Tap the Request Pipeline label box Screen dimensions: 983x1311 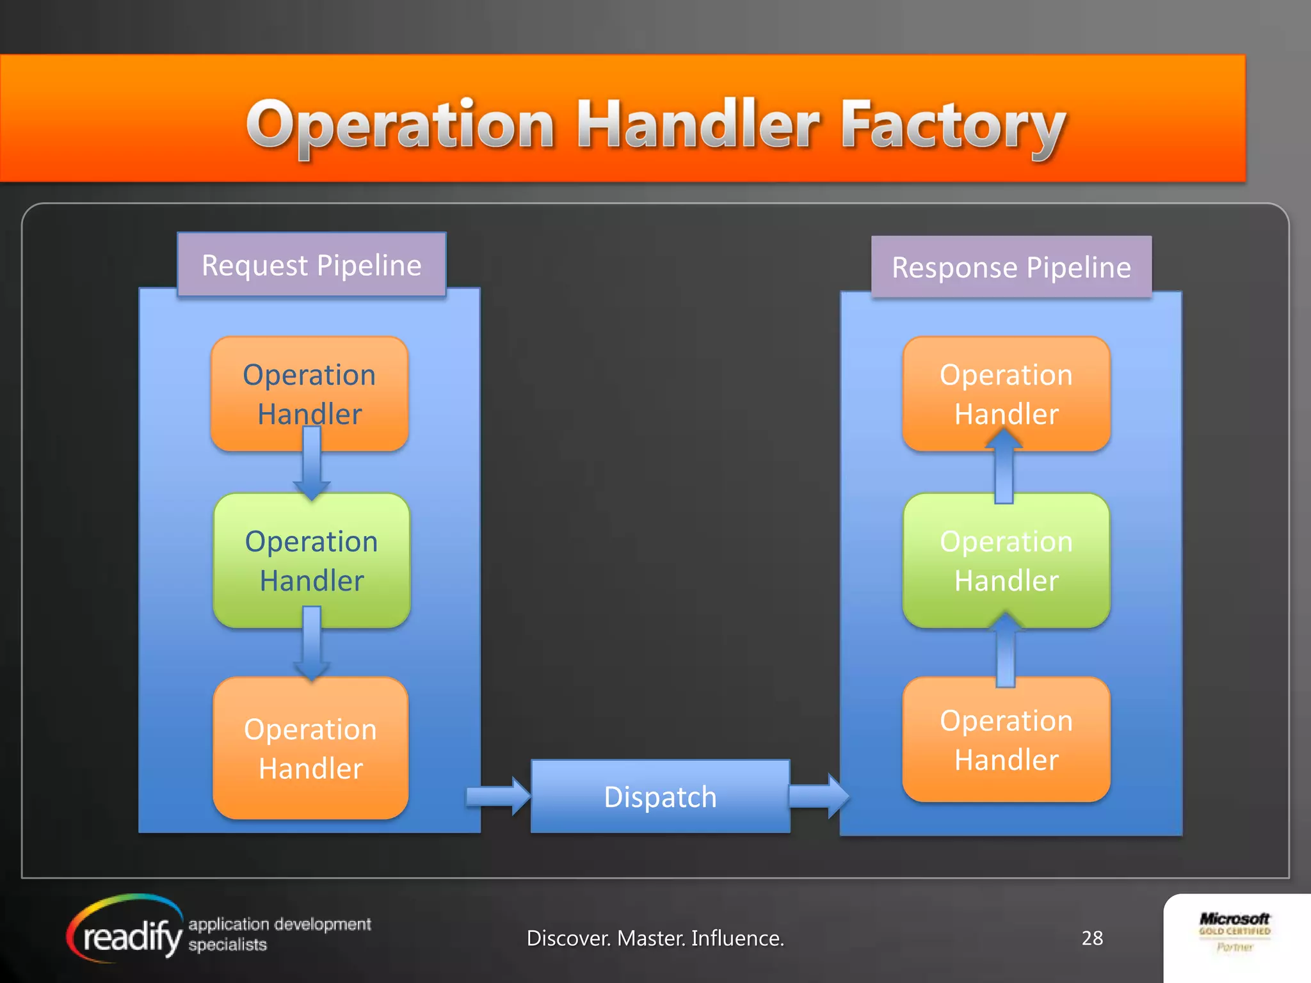(x=312, y=265)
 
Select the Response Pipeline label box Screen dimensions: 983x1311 (x=1011, y=268)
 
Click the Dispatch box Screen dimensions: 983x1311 (x=660, y=797)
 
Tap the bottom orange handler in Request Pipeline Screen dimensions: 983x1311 (x=310, y=747)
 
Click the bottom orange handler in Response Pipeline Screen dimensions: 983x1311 (x=1006, y=739)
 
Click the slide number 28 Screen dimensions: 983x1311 (x=1092, y=938)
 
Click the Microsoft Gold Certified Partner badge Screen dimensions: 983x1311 (x=1234, y=932)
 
